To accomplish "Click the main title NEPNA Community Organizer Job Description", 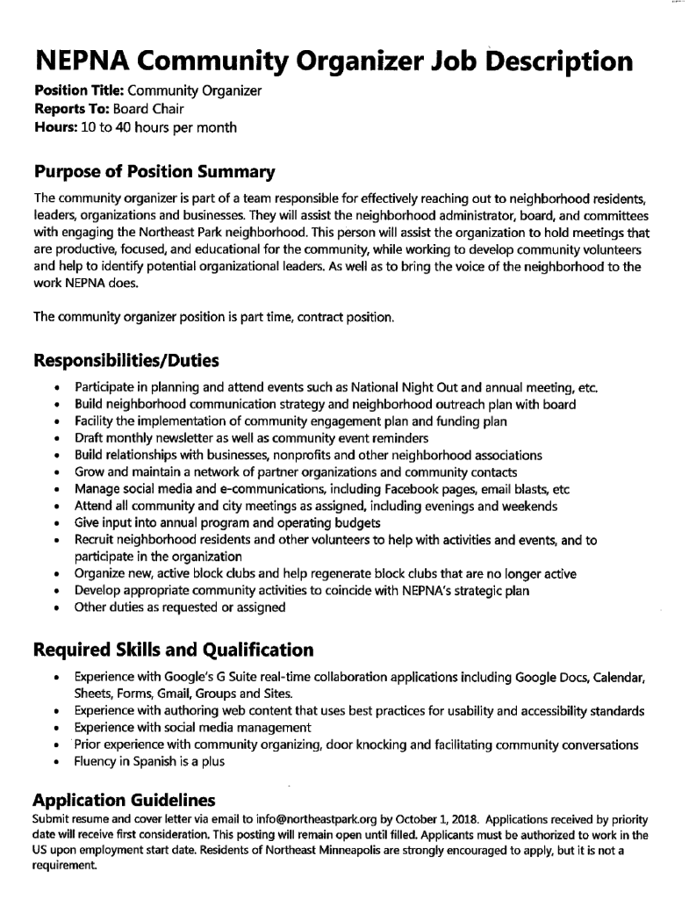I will pyautogui.click(x=333, y=61).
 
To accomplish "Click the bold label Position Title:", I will pyautogui.click(x=73, y=91).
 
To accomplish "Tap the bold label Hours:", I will pyautogui.click(x=54, y=128).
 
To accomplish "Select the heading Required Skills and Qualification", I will pyautogui.click(x=173, y=651).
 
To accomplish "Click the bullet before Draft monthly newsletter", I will pyautogui.click(x=57, y=439).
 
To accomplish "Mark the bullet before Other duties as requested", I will pyautogui.click(x=57, y=608).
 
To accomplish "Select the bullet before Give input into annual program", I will pyautogui.click(x=57, y=523).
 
